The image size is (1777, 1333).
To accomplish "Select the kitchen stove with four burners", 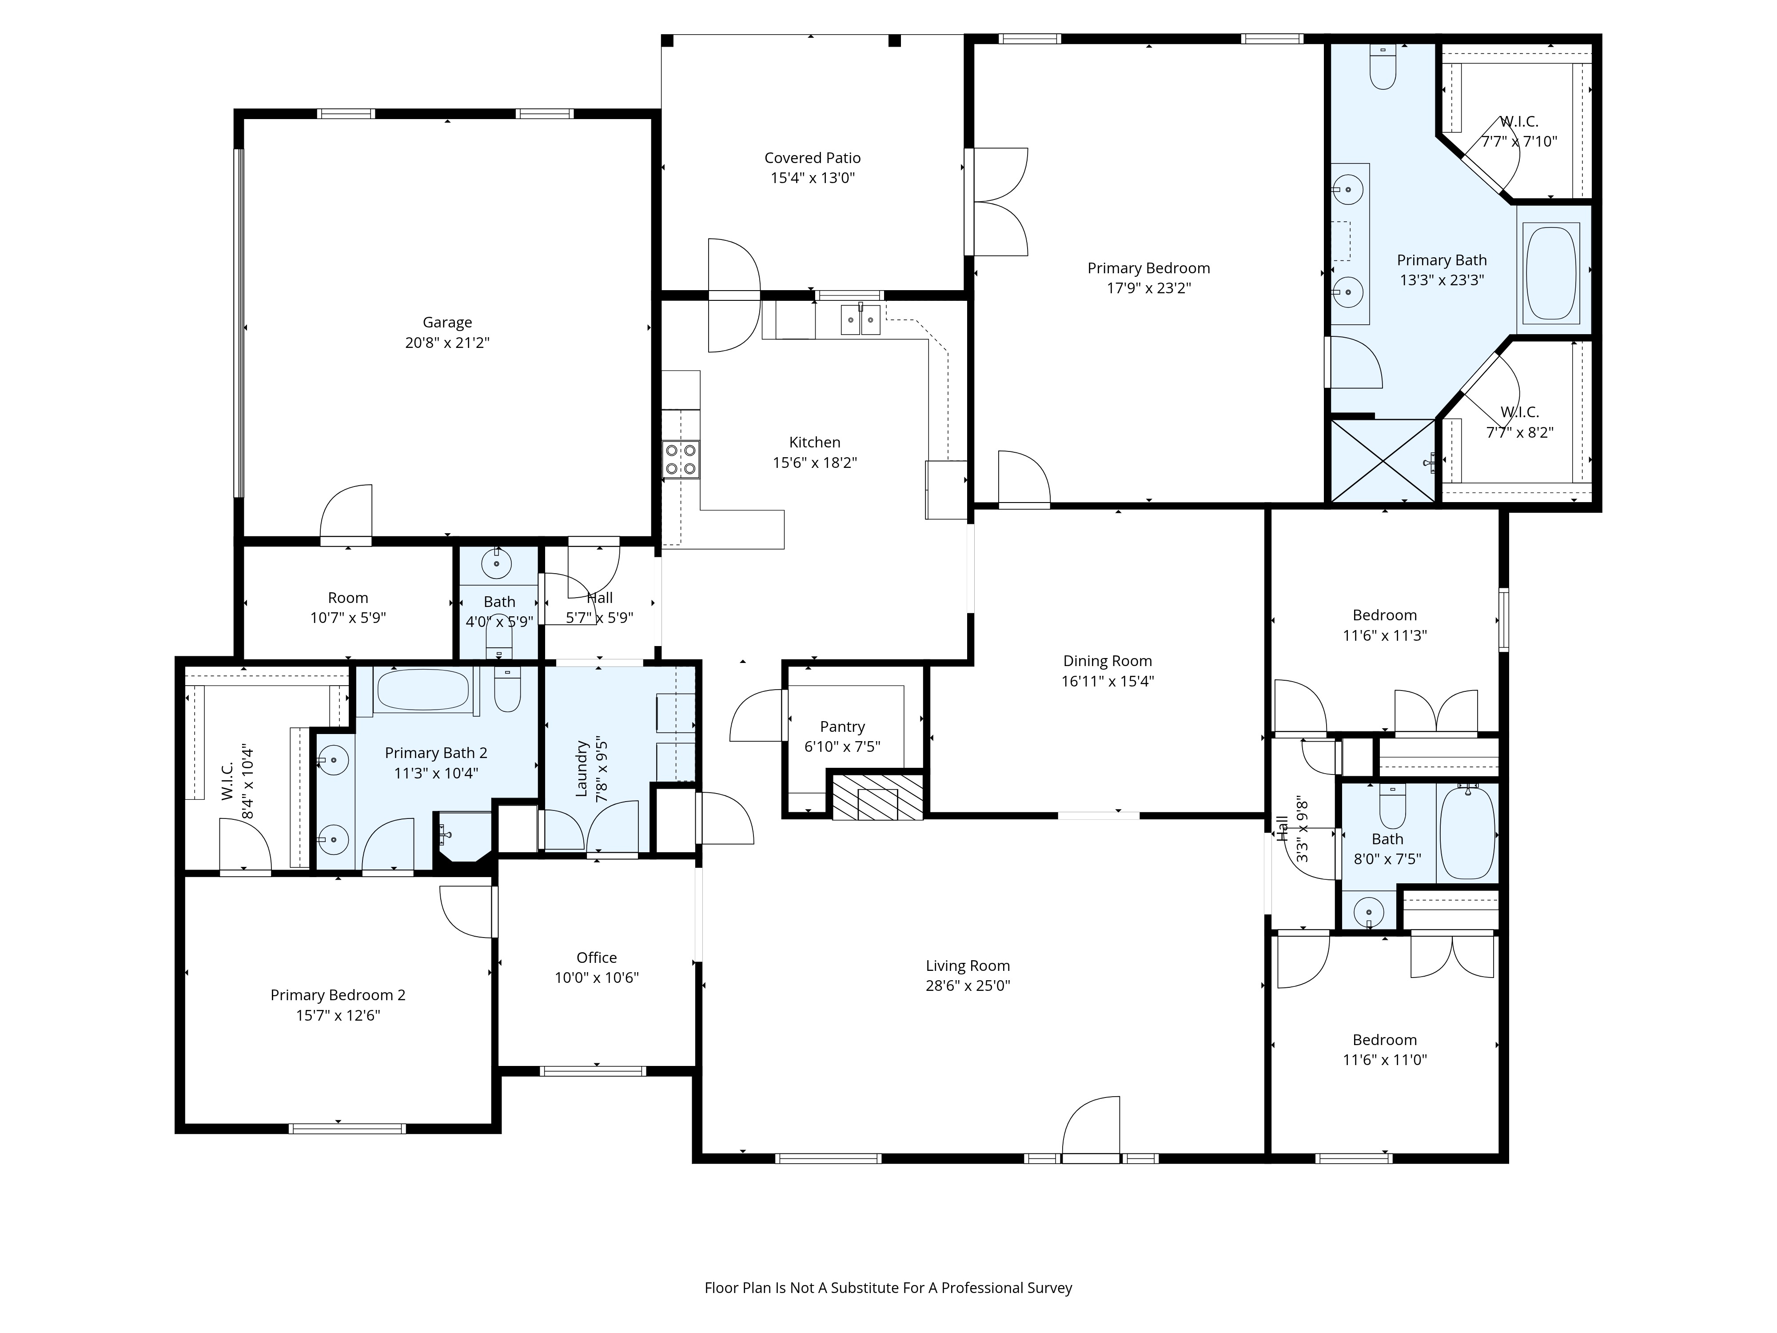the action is [x=681, y=459].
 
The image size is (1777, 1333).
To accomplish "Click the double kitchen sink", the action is [x=861, y=319].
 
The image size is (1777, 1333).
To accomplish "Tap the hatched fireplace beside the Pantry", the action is [x=877, y=795].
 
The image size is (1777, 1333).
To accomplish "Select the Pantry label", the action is [x=842, y=726].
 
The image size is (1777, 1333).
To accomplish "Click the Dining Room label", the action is [x=1107, y=660].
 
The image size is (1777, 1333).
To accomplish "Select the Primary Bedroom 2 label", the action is [x=337, y=995].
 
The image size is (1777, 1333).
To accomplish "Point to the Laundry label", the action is [x=582, y=769].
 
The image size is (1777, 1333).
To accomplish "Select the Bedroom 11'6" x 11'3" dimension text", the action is [x=1384, y=635].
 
